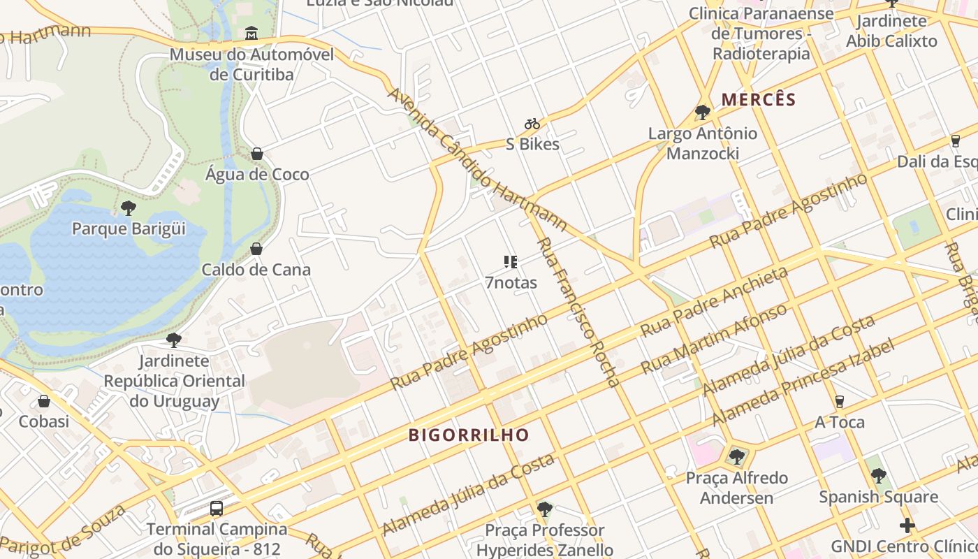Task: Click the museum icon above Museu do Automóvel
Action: tap(251, 33)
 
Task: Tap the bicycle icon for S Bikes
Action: tap(532, 124)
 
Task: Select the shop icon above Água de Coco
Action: tap(257, 154)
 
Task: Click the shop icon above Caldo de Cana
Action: tap(256, 249)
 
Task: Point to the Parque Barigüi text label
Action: tap(129, 228)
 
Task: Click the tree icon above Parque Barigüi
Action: tap(128, 208)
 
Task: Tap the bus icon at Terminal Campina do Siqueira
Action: tap(217, 509)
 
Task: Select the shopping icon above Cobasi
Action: tap(44, 401)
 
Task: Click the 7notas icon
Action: tap(511, 262)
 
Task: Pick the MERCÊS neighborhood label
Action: tap(759, 99)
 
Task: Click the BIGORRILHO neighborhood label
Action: tap(469, 435)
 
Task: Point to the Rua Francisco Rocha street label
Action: tap(578, 312)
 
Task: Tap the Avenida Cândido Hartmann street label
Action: tap(476, 159)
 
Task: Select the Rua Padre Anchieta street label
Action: tap(715, 301)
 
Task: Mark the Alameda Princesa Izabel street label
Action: tap(803, 383)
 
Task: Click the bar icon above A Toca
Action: tap(840, 401)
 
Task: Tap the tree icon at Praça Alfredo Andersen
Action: tap(736, 457)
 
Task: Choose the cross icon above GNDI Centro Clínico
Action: tap(907, 525)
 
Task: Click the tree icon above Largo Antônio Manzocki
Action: tap(703, 112)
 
